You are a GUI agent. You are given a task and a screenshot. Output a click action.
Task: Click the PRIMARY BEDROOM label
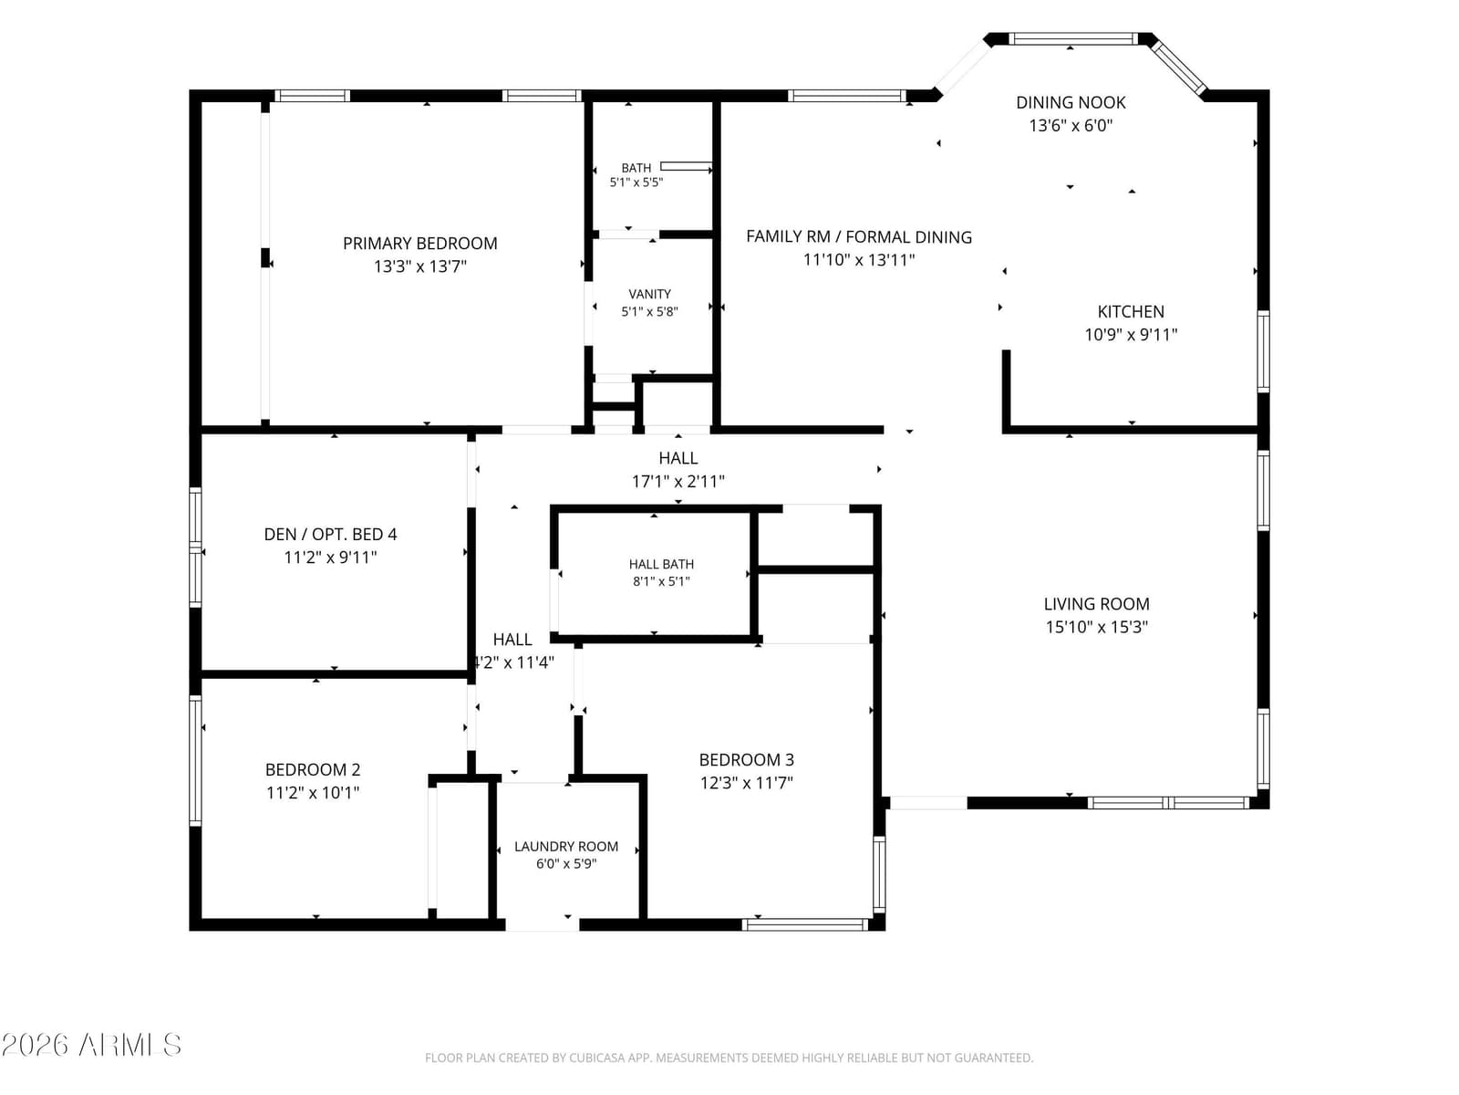pos(419,244)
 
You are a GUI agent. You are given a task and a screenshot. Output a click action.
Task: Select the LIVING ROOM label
pos(1096,604)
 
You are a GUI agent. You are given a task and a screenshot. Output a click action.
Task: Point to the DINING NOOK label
pos(1071,102)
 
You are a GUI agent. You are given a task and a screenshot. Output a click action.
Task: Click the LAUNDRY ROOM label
pos(565,847)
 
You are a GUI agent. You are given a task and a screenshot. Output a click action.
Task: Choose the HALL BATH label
pos(661,564)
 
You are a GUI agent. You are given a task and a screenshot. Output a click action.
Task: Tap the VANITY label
pos(649,294)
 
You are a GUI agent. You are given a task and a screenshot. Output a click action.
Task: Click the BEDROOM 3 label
pos(746,759)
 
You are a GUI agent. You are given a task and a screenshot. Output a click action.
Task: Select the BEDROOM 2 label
pos(313,769)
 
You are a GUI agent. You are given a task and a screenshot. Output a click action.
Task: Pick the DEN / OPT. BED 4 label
pos(330,534)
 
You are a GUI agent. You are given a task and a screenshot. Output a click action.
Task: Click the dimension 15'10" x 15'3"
pos(1096,627)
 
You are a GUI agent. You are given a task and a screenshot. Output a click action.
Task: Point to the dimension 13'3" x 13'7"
pos(419,266)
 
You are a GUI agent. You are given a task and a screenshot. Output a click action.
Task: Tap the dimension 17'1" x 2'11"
pos(678,482)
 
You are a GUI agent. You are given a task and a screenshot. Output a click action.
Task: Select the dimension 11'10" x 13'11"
pos(858,260)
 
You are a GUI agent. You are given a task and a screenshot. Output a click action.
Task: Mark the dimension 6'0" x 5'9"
pos(565,863)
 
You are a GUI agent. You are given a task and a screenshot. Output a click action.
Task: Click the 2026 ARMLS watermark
pos(91,1045)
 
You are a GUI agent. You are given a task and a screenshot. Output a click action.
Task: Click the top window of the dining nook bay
pos(1072,38)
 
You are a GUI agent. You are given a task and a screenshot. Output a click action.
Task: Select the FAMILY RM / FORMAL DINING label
pos(858,236)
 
